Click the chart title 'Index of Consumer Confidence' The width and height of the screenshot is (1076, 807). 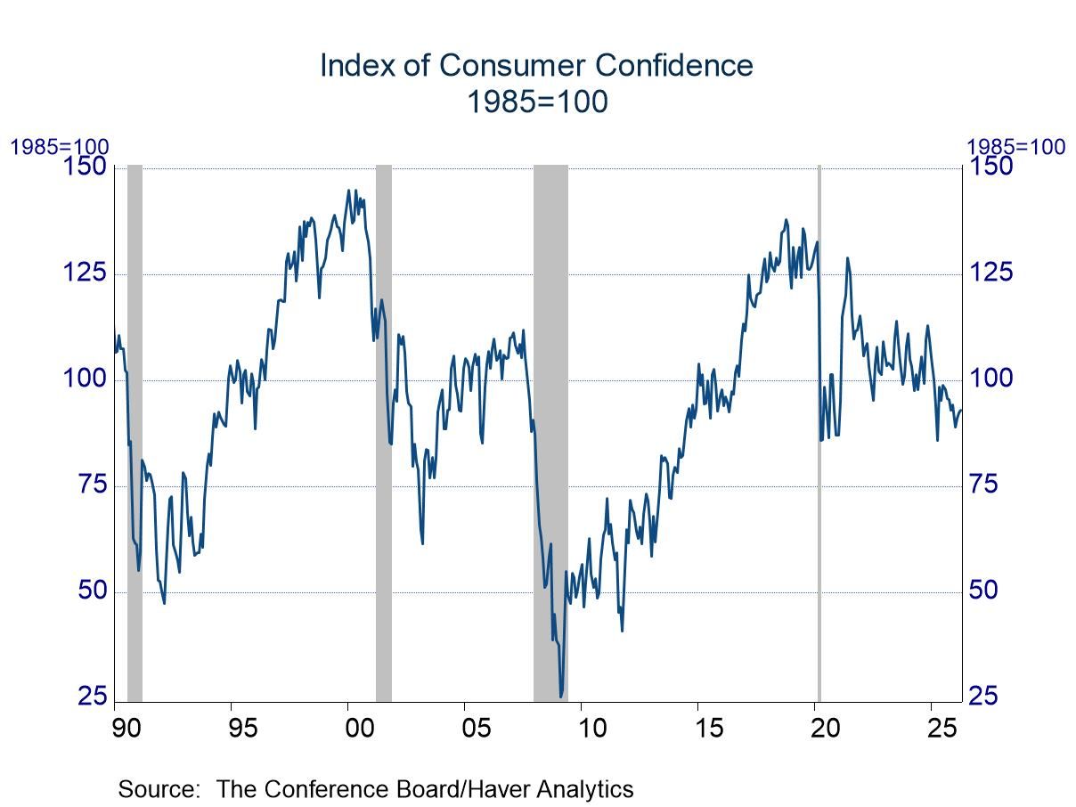click(536, 66)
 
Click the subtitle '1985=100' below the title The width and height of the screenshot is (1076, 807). click(537, 102)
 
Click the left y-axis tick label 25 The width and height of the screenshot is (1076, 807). click(90, 697)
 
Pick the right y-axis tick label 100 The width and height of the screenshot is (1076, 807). click(990, 379)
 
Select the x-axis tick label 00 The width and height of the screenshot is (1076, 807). click(360, 728)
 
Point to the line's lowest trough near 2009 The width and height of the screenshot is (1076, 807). click(560, 697)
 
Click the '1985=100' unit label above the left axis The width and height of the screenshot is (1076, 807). click(59, 147)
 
